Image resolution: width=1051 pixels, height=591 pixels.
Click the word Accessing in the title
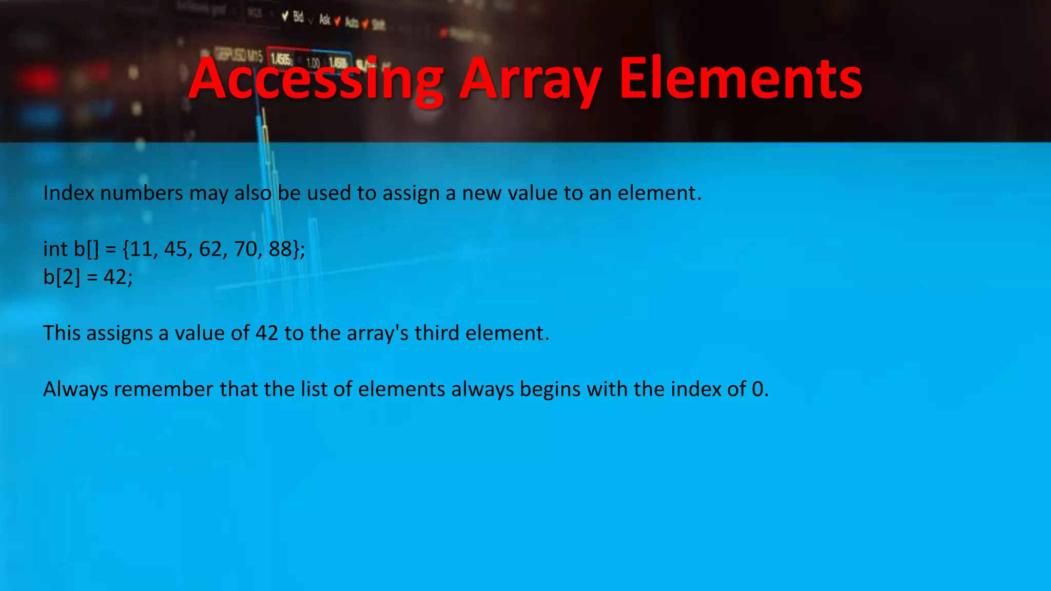point(316,80)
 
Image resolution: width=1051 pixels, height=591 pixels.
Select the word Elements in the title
point(740,80)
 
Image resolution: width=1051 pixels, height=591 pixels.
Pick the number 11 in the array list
point(141,249)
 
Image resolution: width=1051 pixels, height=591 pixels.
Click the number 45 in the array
point(176,249)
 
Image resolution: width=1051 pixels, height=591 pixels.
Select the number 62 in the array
point(211,249)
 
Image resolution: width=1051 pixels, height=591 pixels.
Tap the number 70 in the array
point(246,249)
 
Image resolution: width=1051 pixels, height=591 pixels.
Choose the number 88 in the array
point(281,249)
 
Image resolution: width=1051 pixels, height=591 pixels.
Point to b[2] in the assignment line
point(62,278)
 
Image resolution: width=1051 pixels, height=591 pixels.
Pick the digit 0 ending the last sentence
point(757,389)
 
